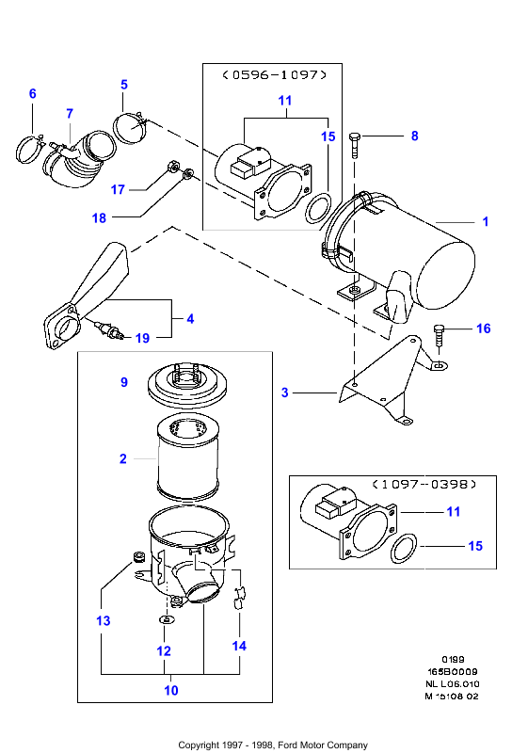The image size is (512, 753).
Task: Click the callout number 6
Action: pos(33,93)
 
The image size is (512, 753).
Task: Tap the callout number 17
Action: pos(118,190)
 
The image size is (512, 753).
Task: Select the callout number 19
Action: pos(143,338)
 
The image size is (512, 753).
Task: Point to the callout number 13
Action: pos(104,621)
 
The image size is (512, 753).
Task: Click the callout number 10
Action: pos(171,691)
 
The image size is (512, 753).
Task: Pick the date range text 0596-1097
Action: pos(275,75)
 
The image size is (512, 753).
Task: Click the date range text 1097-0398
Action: pos(424,484)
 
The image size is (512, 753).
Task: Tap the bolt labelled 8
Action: pos(355,145)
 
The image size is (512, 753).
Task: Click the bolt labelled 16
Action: pos(439,337)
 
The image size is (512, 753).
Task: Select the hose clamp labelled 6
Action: pos(27,150)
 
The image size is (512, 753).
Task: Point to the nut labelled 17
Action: pos(171,167)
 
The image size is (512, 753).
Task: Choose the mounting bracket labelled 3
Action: pos(384,384)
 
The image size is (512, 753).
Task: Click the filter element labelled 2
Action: pos(188,458)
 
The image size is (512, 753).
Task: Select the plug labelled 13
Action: pos(138,557)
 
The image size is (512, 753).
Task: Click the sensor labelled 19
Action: pos(110,330)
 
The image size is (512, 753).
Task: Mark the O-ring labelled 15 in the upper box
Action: pos(318,207)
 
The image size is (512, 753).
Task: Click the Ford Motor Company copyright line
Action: pos(273,745)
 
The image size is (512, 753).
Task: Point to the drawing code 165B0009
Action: pos(452,672)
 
